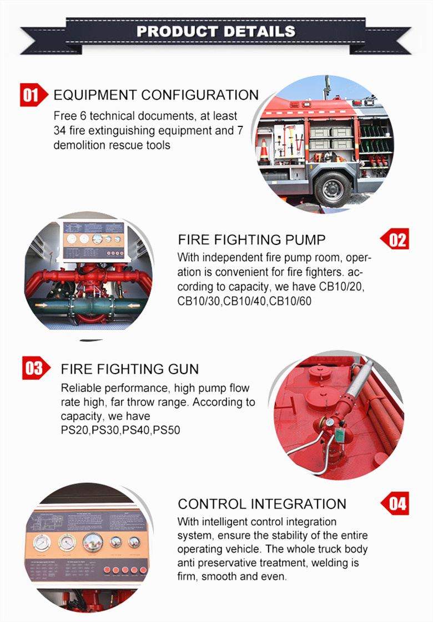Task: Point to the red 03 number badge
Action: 34,369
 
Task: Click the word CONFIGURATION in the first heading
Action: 199,95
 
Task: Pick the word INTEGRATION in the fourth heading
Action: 298,504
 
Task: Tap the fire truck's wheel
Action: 332,188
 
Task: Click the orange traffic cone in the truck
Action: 264,149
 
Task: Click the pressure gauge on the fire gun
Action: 330,422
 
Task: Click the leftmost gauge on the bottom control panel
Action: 40,542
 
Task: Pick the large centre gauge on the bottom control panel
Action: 92,541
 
